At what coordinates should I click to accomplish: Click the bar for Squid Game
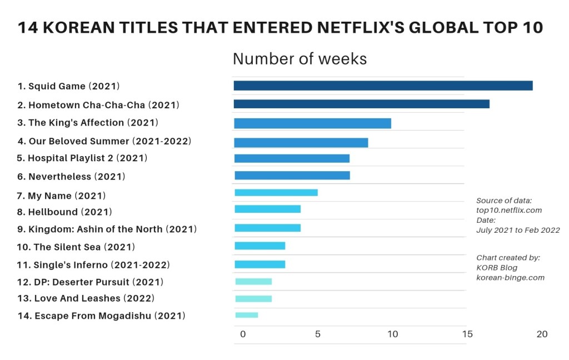383,86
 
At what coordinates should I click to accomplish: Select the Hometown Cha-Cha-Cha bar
361,104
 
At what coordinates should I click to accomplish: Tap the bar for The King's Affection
312,123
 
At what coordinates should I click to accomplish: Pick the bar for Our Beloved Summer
301,143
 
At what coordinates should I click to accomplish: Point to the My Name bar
276,193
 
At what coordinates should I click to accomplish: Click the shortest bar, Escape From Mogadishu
246,315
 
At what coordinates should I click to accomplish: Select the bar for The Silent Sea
259,246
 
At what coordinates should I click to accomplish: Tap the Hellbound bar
267,209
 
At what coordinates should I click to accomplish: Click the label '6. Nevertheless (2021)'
71,177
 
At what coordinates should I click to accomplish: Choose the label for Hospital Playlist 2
82,158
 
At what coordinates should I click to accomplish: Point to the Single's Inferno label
93,265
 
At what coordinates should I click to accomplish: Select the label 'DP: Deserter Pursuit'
90,282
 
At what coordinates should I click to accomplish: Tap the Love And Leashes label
86,298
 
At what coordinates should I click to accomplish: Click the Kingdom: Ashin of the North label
106,229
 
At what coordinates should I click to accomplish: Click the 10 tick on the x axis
392,334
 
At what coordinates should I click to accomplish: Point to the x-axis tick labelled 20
542,334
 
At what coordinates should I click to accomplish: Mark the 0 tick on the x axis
242,334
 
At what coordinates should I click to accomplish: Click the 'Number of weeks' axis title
300,59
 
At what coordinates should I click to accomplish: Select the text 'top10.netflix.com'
509,210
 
